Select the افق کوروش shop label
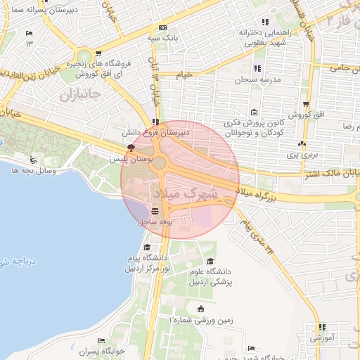coord(309,114)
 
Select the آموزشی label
coord(321,338)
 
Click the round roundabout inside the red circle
coord(160,163)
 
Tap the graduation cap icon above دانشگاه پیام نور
coord(147,247)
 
